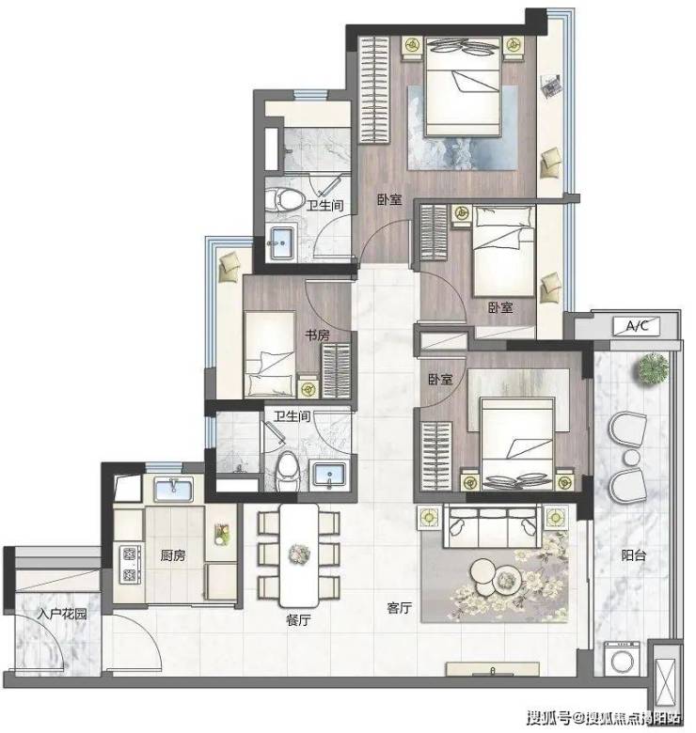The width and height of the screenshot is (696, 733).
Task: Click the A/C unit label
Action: (x=637, y=326)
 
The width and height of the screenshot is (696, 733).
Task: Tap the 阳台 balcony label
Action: (x=633, y=555)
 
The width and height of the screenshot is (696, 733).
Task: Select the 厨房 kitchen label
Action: (x=173, y=555)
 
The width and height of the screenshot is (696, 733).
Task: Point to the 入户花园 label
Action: (x=62, y=614)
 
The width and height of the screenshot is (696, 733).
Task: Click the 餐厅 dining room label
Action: (x=298, y=620)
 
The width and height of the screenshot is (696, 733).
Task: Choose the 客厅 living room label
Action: (x=399, y=608)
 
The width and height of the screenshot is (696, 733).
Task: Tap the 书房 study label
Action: (x=317, y=335)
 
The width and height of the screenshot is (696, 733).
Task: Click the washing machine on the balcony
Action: (x=622, y=659)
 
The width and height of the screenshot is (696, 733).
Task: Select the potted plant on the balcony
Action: (x=653, y=368)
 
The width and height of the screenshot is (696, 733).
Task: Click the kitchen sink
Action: (x=174, y=489)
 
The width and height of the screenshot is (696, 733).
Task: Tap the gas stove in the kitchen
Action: (x=130, y=564)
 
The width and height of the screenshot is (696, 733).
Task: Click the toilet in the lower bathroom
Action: (x=287, y=471)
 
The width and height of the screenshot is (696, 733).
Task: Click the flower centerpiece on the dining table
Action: (x=299, y=554)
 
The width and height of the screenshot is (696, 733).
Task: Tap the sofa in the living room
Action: (x=492, y=525)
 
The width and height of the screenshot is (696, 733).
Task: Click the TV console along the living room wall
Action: (x=492, y=669)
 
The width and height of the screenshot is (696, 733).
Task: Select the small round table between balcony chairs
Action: (x=631, y=457)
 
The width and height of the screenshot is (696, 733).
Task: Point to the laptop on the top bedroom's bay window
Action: (x=550, y=86)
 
